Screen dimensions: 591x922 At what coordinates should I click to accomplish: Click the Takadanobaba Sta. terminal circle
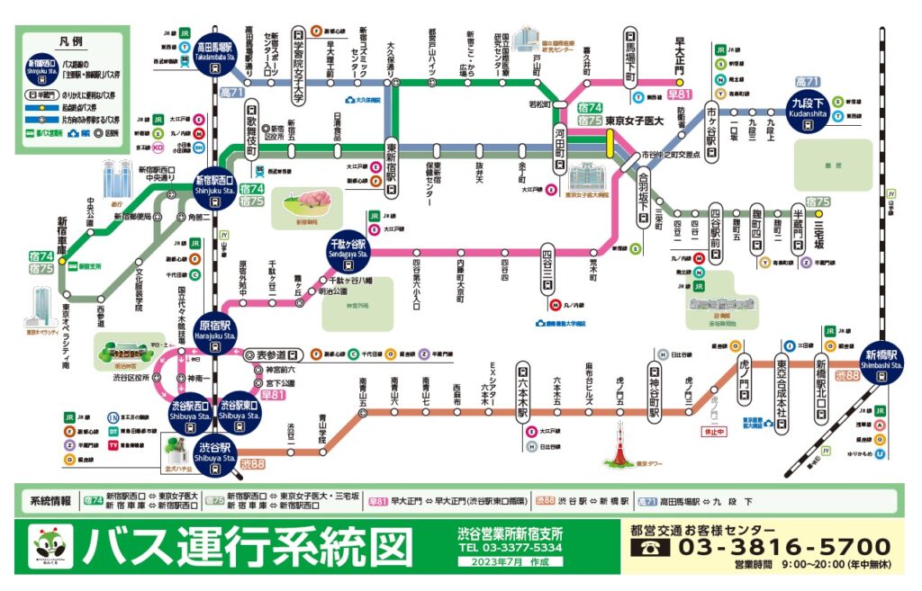click(217, 50)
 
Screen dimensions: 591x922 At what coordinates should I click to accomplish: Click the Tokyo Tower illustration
click(617, 448)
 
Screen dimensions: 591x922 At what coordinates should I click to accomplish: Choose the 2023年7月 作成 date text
click(511, 562)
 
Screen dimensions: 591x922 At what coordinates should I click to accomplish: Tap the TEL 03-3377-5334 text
click(511, 547)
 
